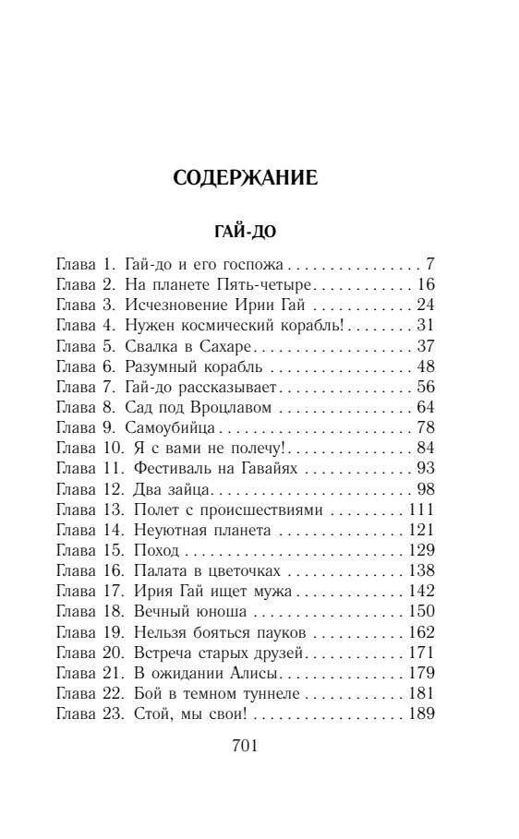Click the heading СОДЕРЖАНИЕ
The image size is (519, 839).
click(245, 178)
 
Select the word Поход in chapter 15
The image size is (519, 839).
click(156, 548)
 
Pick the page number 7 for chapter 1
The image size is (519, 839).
click(430, 264)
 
